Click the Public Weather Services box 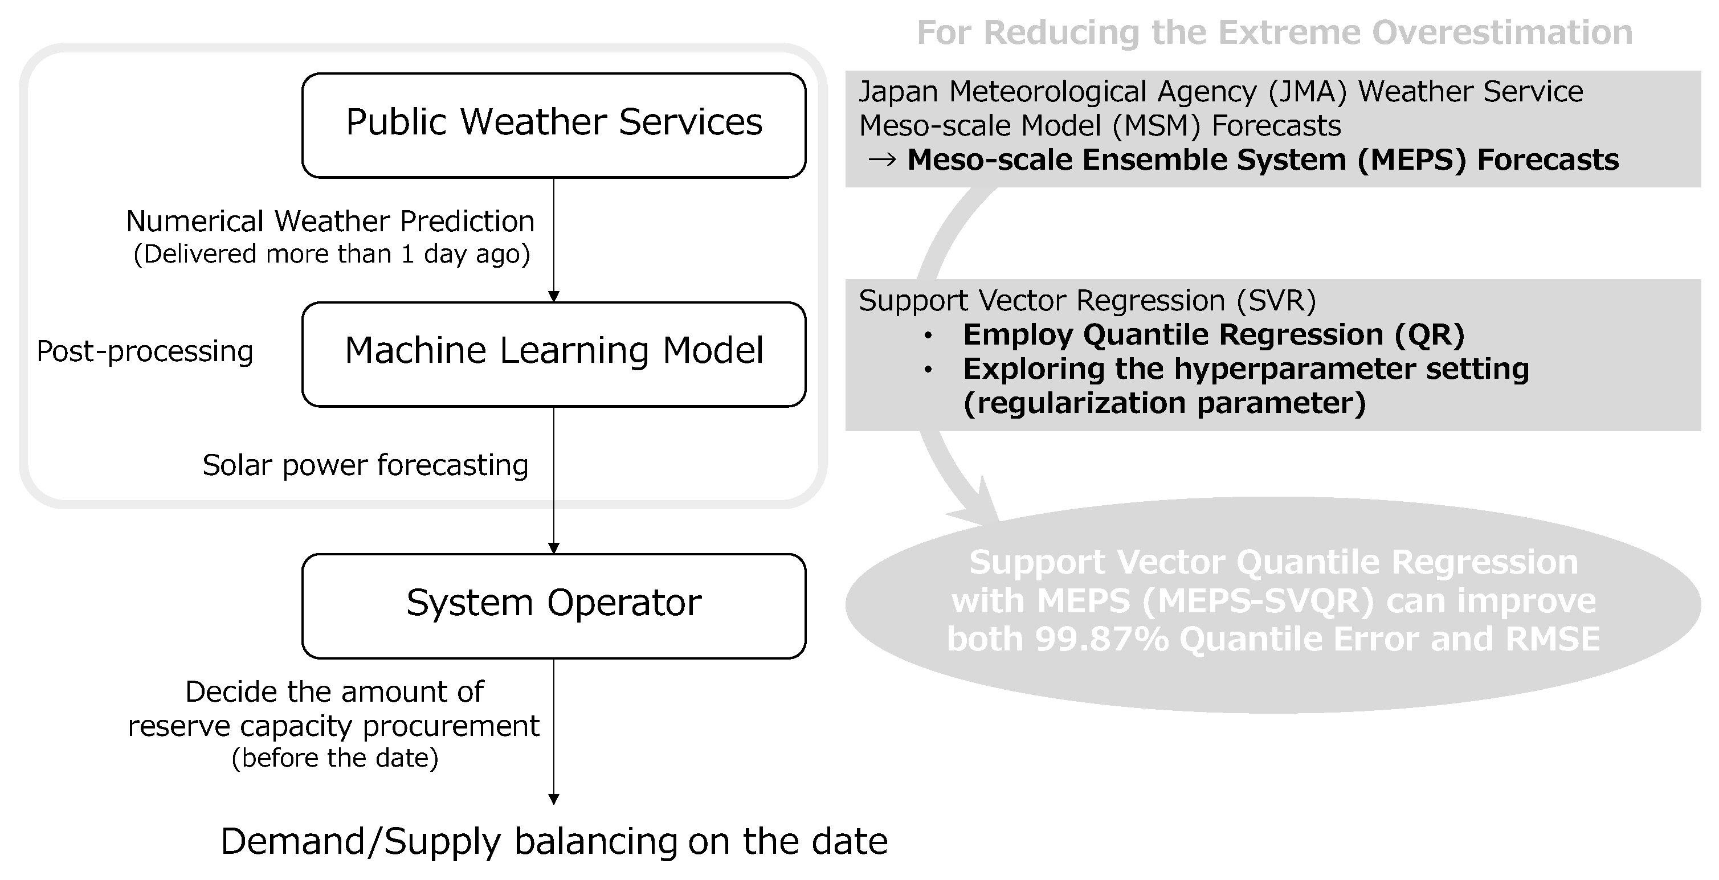554,125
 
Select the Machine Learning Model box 554,354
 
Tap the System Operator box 554,606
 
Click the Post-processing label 145,351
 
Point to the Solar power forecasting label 366,465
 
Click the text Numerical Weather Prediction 330,221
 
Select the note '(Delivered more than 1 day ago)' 332,254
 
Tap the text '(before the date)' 335,758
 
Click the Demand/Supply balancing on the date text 554,841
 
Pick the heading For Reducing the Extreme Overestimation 1275,32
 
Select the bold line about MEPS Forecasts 1263,159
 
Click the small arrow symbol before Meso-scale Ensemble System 881,160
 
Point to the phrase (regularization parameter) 1165,403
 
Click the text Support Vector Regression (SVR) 1087,300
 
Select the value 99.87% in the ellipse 1102,638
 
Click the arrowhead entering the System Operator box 554,549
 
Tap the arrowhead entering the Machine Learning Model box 554,297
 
